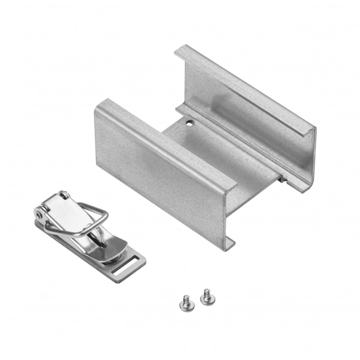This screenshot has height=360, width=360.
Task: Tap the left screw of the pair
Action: (187, 305)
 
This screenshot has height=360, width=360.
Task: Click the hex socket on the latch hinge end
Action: (37, 215)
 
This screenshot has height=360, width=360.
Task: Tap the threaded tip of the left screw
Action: (186, 298)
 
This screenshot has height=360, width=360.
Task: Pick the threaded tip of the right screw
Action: (207, 291)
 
